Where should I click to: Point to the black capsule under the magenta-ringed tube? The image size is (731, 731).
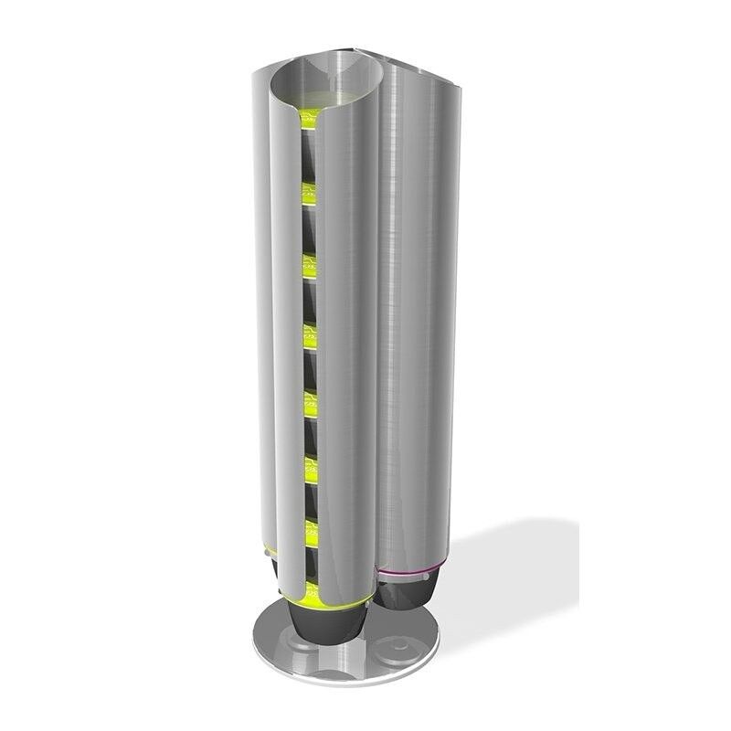[408, 593]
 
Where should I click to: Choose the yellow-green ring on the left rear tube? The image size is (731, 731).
[269, 553]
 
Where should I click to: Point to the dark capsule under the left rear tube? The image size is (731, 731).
[271, 571]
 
